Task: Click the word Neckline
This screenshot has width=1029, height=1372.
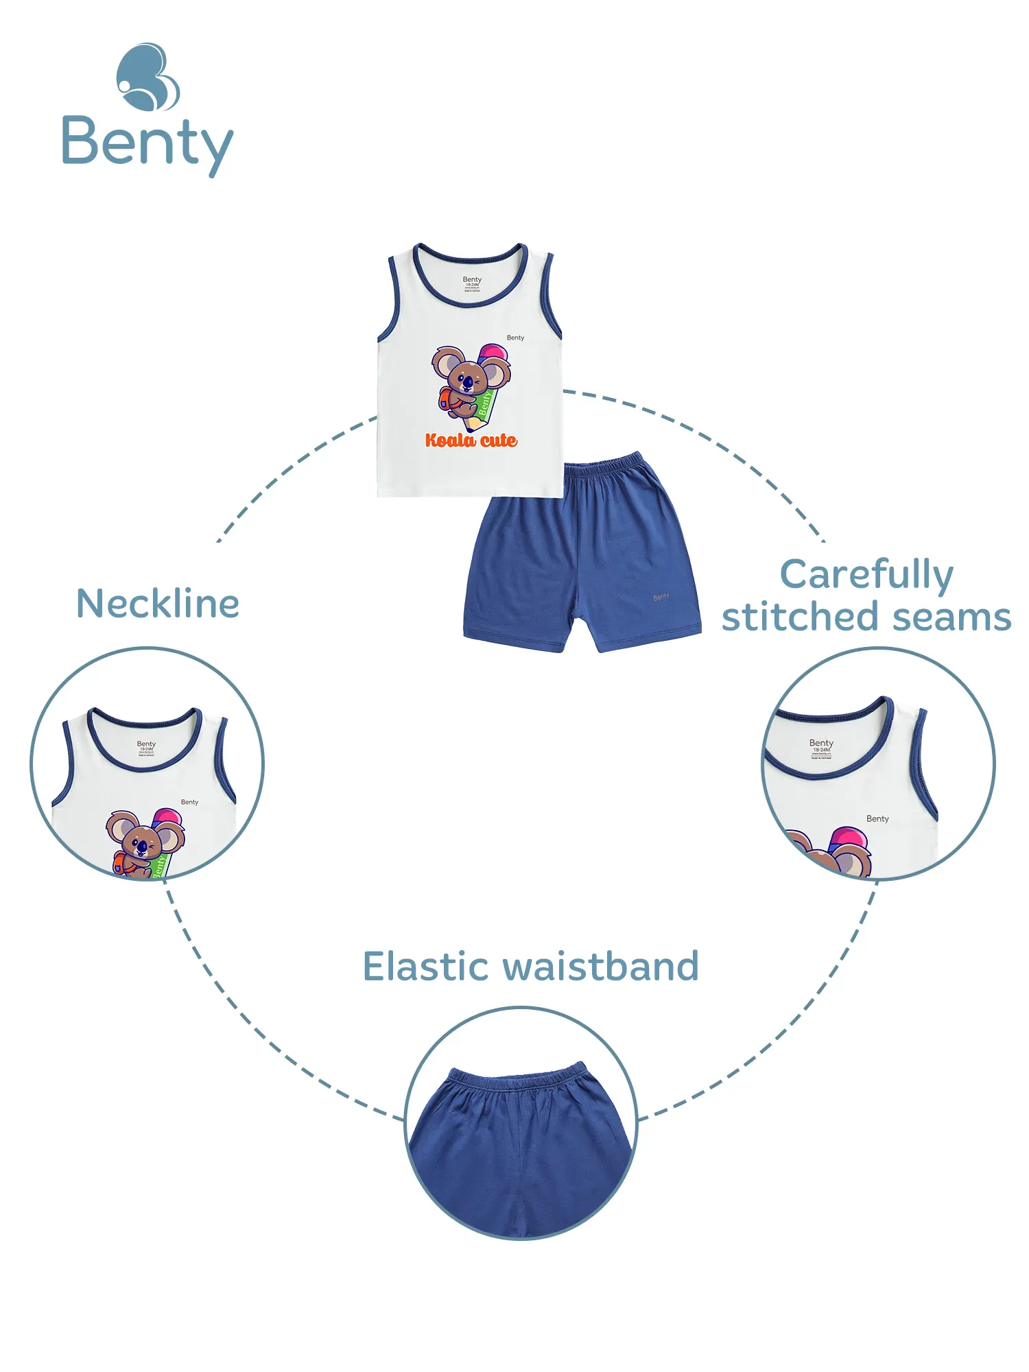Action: pyautogui.click(x=158, y=604)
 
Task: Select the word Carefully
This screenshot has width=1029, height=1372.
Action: pyautogui.click(x=866, y=575)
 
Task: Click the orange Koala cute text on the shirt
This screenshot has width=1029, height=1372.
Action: pyautogui.click(x=471, y=440)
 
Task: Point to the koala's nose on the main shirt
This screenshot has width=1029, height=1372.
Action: pyautogui.click(x=467, y=381)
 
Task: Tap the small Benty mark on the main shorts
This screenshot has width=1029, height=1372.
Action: pyautogui.click(x=661, y=597)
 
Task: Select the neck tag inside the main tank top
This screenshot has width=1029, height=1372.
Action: pyautogui.click(x=472, y=283)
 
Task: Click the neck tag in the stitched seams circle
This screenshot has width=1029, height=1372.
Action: pyautogui.click(x=821, y=748)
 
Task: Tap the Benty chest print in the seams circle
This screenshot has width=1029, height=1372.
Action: pyautogui.click(x=877, y=818)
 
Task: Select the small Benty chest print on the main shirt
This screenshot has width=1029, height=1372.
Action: pyautogui.click(x=515, y=338)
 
